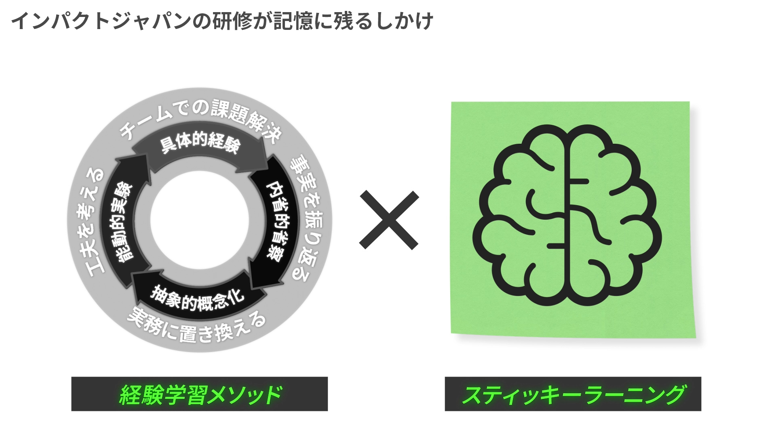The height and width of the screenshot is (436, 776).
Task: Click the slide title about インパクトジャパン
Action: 222,20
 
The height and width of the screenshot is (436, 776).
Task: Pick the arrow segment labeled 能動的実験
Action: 123,220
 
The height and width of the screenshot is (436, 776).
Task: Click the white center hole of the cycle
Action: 200,220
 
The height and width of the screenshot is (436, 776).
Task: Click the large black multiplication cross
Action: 389,220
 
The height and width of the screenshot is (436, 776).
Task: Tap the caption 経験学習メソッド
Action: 200,394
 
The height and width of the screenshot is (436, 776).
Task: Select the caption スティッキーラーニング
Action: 573,394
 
